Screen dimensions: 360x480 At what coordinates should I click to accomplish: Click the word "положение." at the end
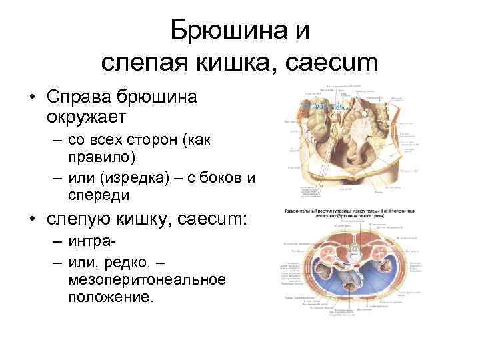[x=110, y=295]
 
